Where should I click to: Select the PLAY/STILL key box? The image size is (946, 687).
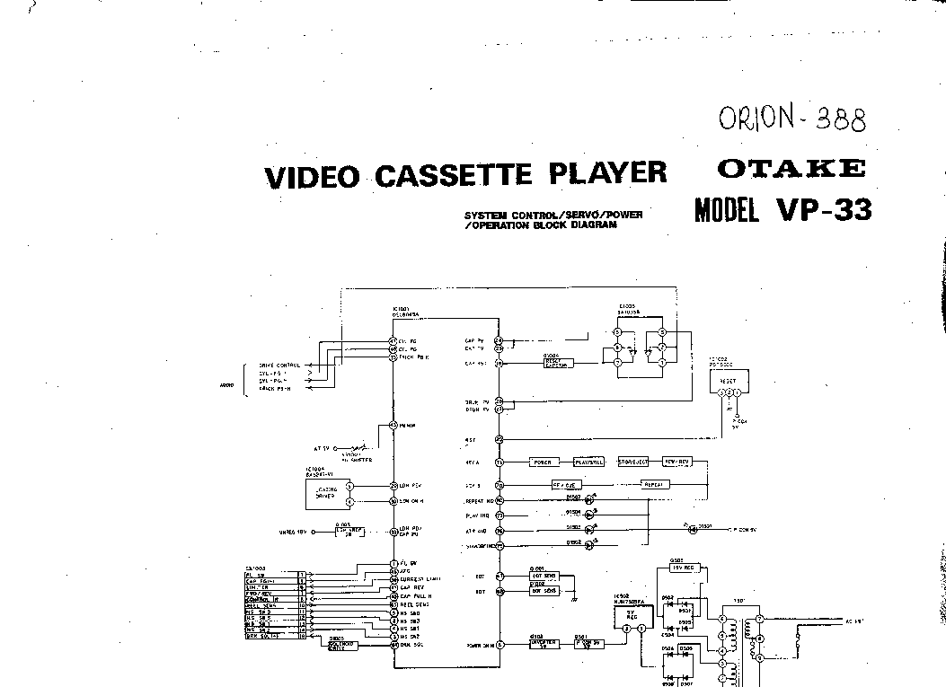(x=591, y=462)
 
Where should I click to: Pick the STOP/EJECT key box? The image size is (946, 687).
(x=634, y=462)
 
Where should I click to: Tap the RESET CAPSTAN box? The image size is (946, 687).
(x=557, y=362)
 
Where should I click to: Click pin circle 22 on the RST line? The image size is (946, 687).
(x=500, y=439)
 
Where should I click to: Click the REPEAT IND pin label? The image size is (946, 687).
(x=480, y=500)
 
